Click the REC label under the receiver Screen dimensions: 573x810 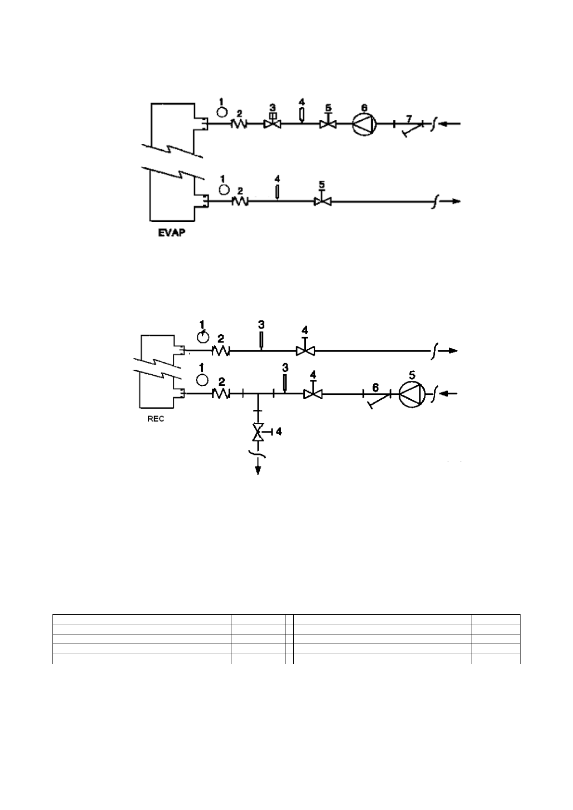click(x=156, y=418)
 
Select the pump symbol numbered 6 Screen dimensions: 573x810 click(x=364, y=124)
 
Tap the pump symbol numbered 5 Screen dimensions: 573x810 click(x=412, y=394)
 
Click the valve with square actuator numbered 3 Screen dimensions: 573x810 click(x=273, y=123)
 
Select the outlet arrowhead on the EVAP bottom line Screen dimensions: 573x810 click(x=455, y=201)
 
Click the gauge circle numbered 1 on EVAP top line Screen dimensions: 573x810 click(x=221, y=112)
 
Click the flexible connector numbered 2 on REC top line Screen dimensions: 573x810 click(x=221, y=351)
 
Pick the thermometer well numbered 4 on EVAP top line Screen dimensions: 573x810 click(x=301, y=115)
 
